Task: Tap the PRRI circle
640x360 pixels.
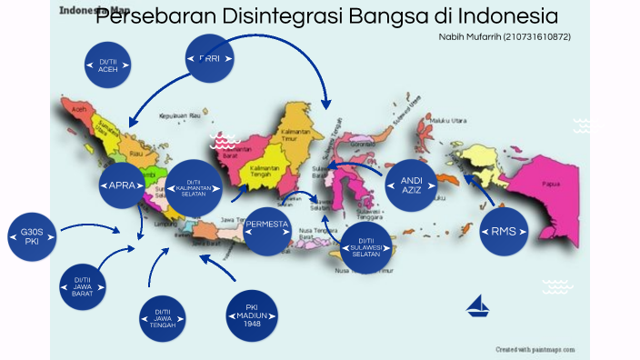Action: click(210, 59)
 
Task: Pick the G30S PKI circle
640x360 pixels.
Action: click(32, 237)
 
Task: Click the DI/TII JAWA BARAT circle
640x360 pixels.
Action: click(83, 287)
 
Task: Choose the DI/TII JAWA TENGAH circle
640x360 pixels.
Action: click(163, 318)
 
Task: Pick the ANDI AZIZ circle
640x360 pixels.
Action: click(411, 186)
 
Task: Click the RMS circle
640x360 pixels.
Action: click(503, 231)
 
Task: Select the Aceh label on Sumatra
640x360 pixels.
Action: click(78, 108)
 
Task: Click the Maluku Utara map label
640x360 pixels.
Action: click(448, 120)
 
